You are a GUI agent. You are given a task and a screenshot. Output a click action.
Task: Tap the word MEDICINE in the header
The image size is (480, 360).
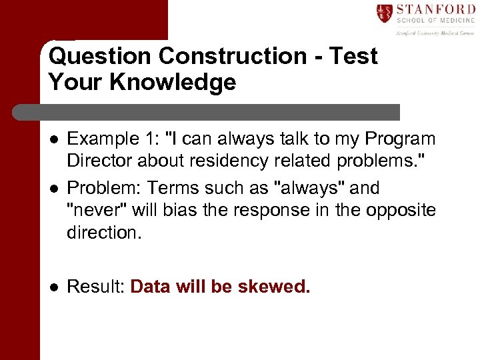454,21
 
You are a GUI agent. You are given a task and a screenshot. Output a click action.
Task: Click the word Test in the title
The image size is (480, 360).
353,56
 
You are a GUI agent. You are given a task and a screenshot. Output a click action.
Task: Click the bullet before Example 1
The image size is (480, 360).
53,139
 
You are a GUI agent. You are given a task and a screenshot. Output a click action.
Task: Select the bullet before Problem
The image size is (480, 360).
53,189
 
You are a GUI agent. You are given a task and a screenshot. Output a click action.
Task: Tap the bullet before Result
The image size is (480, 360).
53,287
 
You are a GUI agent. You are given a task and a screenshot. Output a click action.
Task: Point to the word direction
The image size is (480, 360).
101,232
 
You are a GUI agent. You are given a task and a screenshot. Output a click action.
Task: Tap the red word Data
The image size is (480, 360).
151,287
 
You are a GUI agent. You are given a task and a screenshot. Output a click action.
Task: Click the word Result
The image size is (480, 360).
96,287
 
